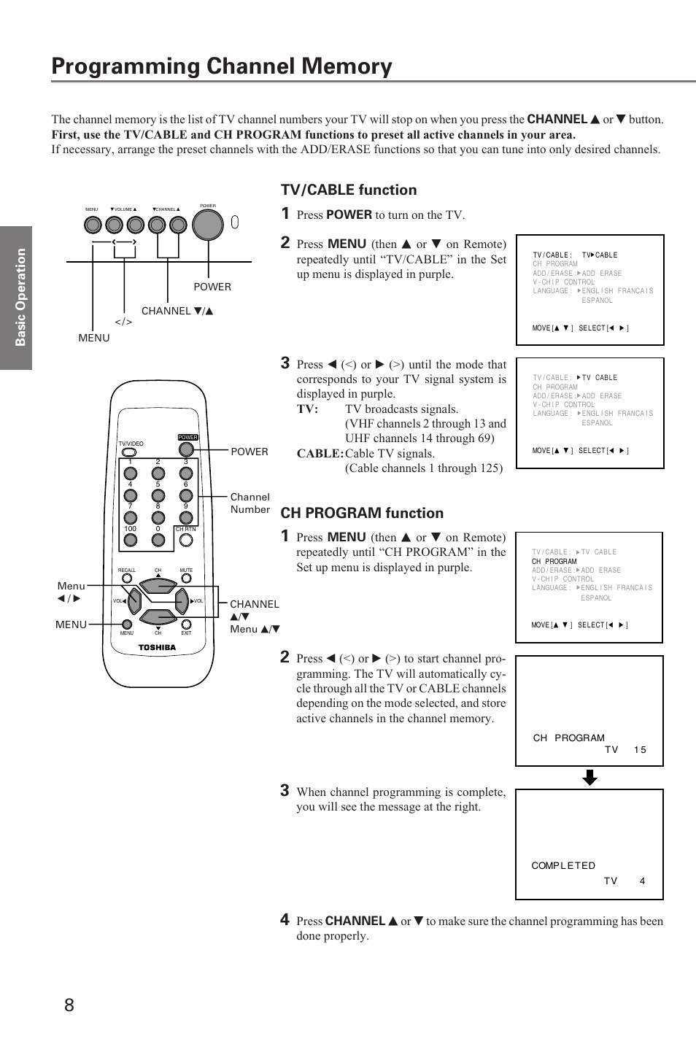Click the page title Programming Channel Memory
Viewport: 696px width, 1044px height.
coord(222,66)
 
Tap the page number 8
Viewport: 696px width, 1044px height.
coord(69,1005)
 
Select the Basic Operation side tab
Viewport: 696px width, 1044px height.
coord(20,297)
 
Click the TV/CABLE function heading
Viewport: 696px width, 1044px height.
coord(349,190)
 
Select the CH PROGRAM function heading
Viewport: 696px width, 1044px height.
coord(362,513)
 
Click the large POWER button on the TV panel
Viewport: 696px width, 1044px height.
coord(208,224)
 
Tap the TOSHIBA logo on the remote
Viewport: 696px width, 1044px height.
coord(158,647)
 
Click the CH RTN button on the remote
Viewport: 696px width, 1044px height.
coord(186,540)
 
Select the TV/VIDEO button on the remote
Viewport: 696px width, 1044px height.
coord(130,452)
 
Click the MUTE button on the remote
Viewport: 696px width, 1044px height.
coord(186,579)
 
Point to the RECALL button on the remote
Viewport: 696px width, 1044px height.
coord(127,579)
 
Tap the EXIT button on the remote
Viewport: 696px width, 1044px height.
coord(186,625)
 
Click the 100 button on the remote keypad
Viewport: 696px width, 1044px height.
coord(131,540)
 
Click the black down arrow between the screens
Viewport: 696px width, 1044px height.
coord(589,778)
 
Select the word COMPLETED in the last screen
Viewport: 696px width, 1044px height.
coord(563,866)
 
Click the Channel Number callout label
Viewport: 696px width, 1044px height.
coord(250,503)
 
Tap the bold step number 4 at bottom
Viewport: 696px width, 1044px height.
coord(285,920)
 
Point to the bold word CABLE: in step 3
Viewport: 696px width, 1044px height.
coord(320,454)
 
